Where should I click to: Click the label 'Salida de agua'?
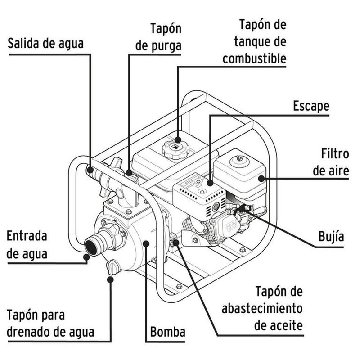[46, 44]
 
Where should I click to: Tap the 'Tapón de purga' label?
[159, 37]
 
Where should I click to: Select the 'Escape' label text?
[311, 106]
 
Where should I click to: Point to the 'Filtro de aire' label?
[331, 162]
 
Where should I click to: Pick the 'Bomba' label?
[167, 333]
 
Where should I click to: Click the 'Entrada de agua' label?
[27, 245]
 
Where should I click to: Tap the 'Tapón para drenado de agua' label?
[50, 323]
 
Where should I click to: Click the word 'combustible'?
[254, 58]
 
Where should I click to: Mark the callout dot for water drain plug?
[111, 279]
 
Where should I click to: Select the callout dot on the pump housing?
[146, 243]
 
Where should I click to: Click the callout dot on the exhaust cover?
[210, 184]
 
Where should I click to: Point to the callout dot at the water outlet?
[90, 170]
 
